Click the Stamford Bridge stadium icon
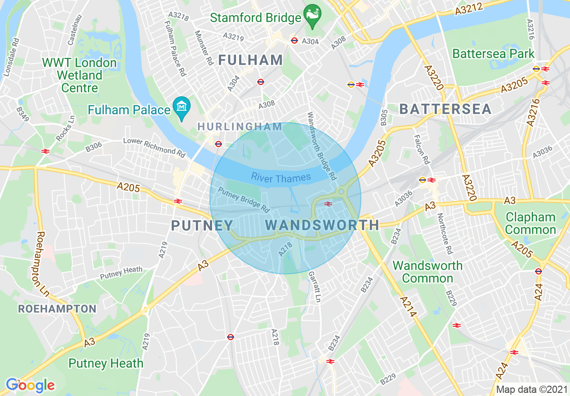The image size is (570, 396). coord(312,13)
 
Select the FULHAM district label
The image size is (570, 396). coord(251,60)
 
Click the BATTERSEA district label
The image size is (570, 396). coord(445,109)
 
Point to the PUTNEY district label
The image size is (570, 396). coord(202,225)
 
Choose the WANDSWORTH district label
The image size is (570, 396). coord(322,225)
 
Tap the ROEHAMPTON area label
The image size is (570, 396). coord(57,309)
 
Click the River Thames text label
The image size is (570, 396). coord(281,178)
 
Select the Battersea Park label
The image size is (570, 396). coord(493,54)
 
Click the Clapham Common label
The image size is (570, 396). coord(531,224)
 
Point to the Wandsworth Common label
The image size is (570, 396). coord(427,272)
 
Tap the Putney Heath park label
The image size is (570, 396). coord(106,363)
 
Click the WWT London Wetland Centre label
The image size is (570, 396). coord(79,75)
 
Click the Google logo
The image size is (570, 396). coord(30,385)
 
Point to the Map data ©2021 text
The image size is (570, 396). coord(530,389)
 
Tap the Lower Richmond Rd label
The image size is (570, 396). coord(154,147)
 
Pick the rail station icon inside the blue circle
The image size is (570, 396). coord(328,203)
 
